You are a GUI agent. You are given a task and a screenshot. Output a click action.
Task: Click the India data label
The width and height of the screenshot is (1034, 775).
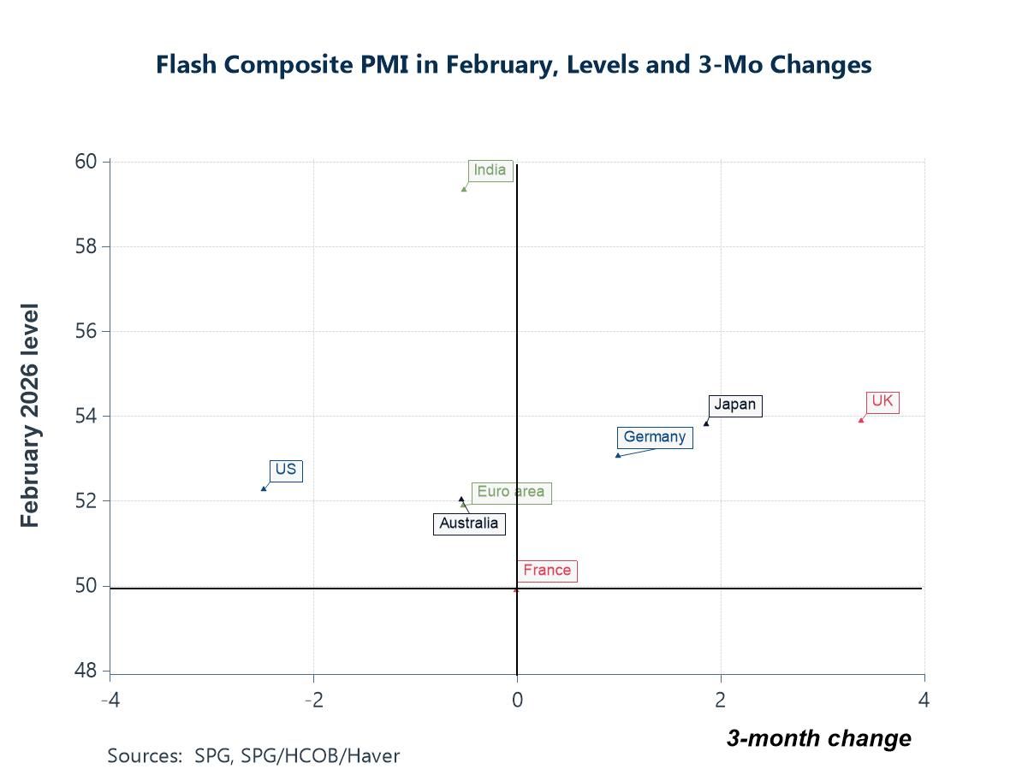coord(490,170)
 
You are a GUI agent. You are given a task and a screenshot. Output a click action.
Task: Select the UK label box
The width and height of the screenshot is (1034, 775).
coord(882,401)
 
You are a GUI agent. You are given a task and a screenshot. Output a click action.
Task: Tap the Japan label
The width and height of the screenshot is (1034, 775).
coord(734,405)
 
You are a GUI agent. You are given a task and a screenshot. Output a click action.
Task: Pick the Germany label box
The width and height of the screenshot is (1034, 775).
coord(655,437)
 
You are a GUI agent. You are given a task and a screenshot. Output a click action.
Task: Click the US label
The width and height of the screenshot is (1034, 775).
coord(285,470)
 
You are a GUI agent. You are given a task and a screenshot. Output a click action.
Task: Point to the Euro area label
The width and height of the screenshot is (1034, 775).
coord(510,492)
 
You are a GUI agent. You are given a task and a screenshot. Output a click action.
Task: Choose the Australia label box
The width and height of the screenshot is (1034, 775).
coord(468,524)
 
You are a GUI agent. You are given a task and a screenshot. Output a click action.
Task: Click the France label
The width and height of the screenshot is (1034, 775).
coord(546,571)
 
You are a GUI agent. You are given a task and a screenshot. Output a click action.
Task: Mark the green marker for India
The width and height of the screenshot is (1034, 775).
coord(464,189)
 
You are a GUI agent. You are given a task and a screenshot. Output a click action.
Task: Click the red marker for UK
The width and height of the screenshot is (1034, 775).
coord(861,420)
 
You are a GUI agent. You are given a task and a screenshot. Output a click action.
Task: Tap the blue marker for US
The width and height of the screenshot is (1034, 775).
coord(264,488)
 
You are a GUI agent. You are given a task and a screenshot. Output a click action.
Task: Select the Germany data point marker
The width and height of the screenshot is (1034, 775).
coord(618,455)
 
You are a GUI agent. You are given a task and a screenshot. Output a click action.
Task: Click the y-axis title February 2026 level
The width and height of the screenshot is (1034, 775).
coord(30,415)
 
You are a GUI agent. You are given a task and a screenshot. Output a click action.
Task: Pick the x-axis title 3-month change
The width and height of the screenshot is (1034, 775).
coord(818,738)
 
